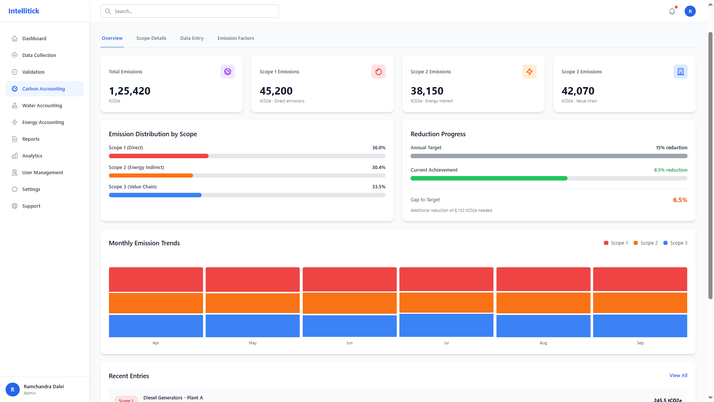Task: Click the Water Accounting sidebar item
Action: pos(42,105)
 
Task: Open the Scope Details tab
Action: pos(151,38)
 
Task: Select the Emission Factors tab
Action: pos(235,38)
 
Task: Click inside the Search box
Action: pos(190,11)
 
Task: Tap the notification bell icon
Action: pos(672,11)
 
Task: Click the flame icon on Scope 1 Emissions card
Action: pos(378,71)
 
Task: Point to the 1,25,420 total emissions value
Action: pos(129,91)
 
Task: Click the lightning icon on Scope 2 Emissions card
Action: pos(529,71)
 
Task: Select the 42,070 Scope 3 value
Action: pos(578,91)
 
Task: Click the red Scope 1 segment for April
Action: pos(156,279)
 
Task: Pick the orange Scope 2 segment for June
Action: pos(349,303)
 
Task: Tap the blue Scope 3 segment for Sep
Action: pos(640,326)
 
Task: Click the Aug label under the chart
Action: pos(543,343)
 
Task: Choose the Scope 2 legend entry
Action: pos(646,243)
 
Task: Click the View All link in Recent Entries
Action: pos(678,375)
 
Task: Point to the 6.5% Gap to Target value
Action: pos(680,200)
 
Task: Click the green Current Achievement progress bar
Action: pos(489,178)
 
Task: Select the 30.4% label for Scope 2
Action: pos(378,167)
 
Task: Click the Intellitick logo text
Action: pos(24,11)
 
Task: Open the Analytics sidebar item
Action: pos(32,156)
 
